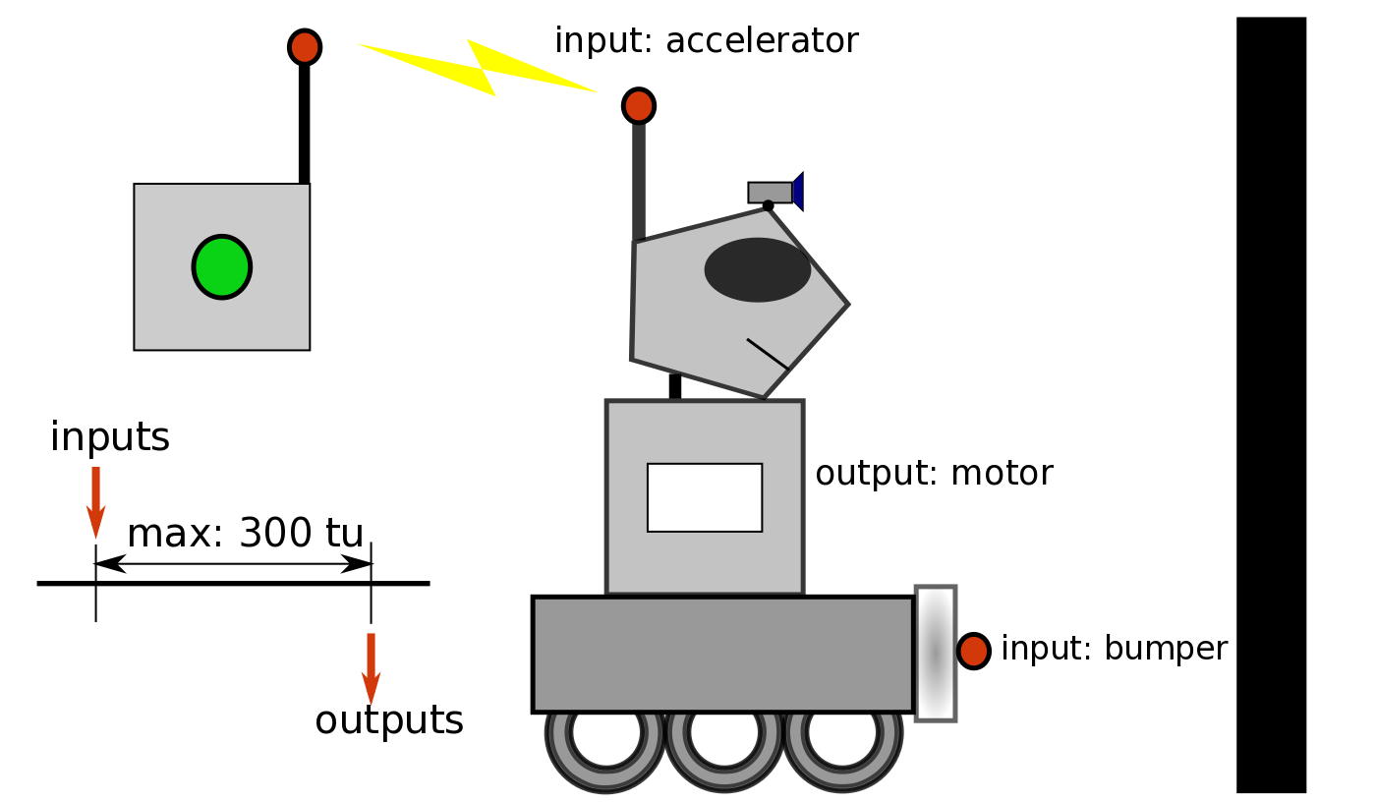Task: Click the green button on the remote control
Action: point(222,266)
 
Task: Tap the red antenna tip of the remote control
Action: point(305,47)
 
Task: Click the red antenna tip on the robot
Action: point(639,106)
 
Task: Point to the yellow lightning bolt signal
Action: point(479,67)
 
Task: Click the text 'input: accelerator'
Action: point(706,41)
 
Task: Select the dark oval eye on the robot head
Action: point(757,269)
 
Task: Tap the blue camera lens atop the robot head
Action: point(799,192)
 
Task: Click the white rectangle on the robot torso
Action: point(705,497)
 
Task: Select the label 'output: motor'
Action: point(934,474)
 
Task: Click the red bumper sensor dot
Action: point(973,651)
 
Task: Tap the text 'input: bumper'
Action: point(1114,650)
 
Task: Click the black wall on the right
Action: point(1271,404)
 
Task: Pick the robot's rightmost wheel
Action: point(842,733)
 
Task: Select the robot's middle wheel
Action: point(724,733)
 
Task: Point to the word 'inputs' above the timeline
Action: point(110,438)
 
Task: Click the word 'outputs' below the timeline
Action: point(389,720)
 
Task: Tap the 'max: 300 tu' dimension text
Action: point(246,534)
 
